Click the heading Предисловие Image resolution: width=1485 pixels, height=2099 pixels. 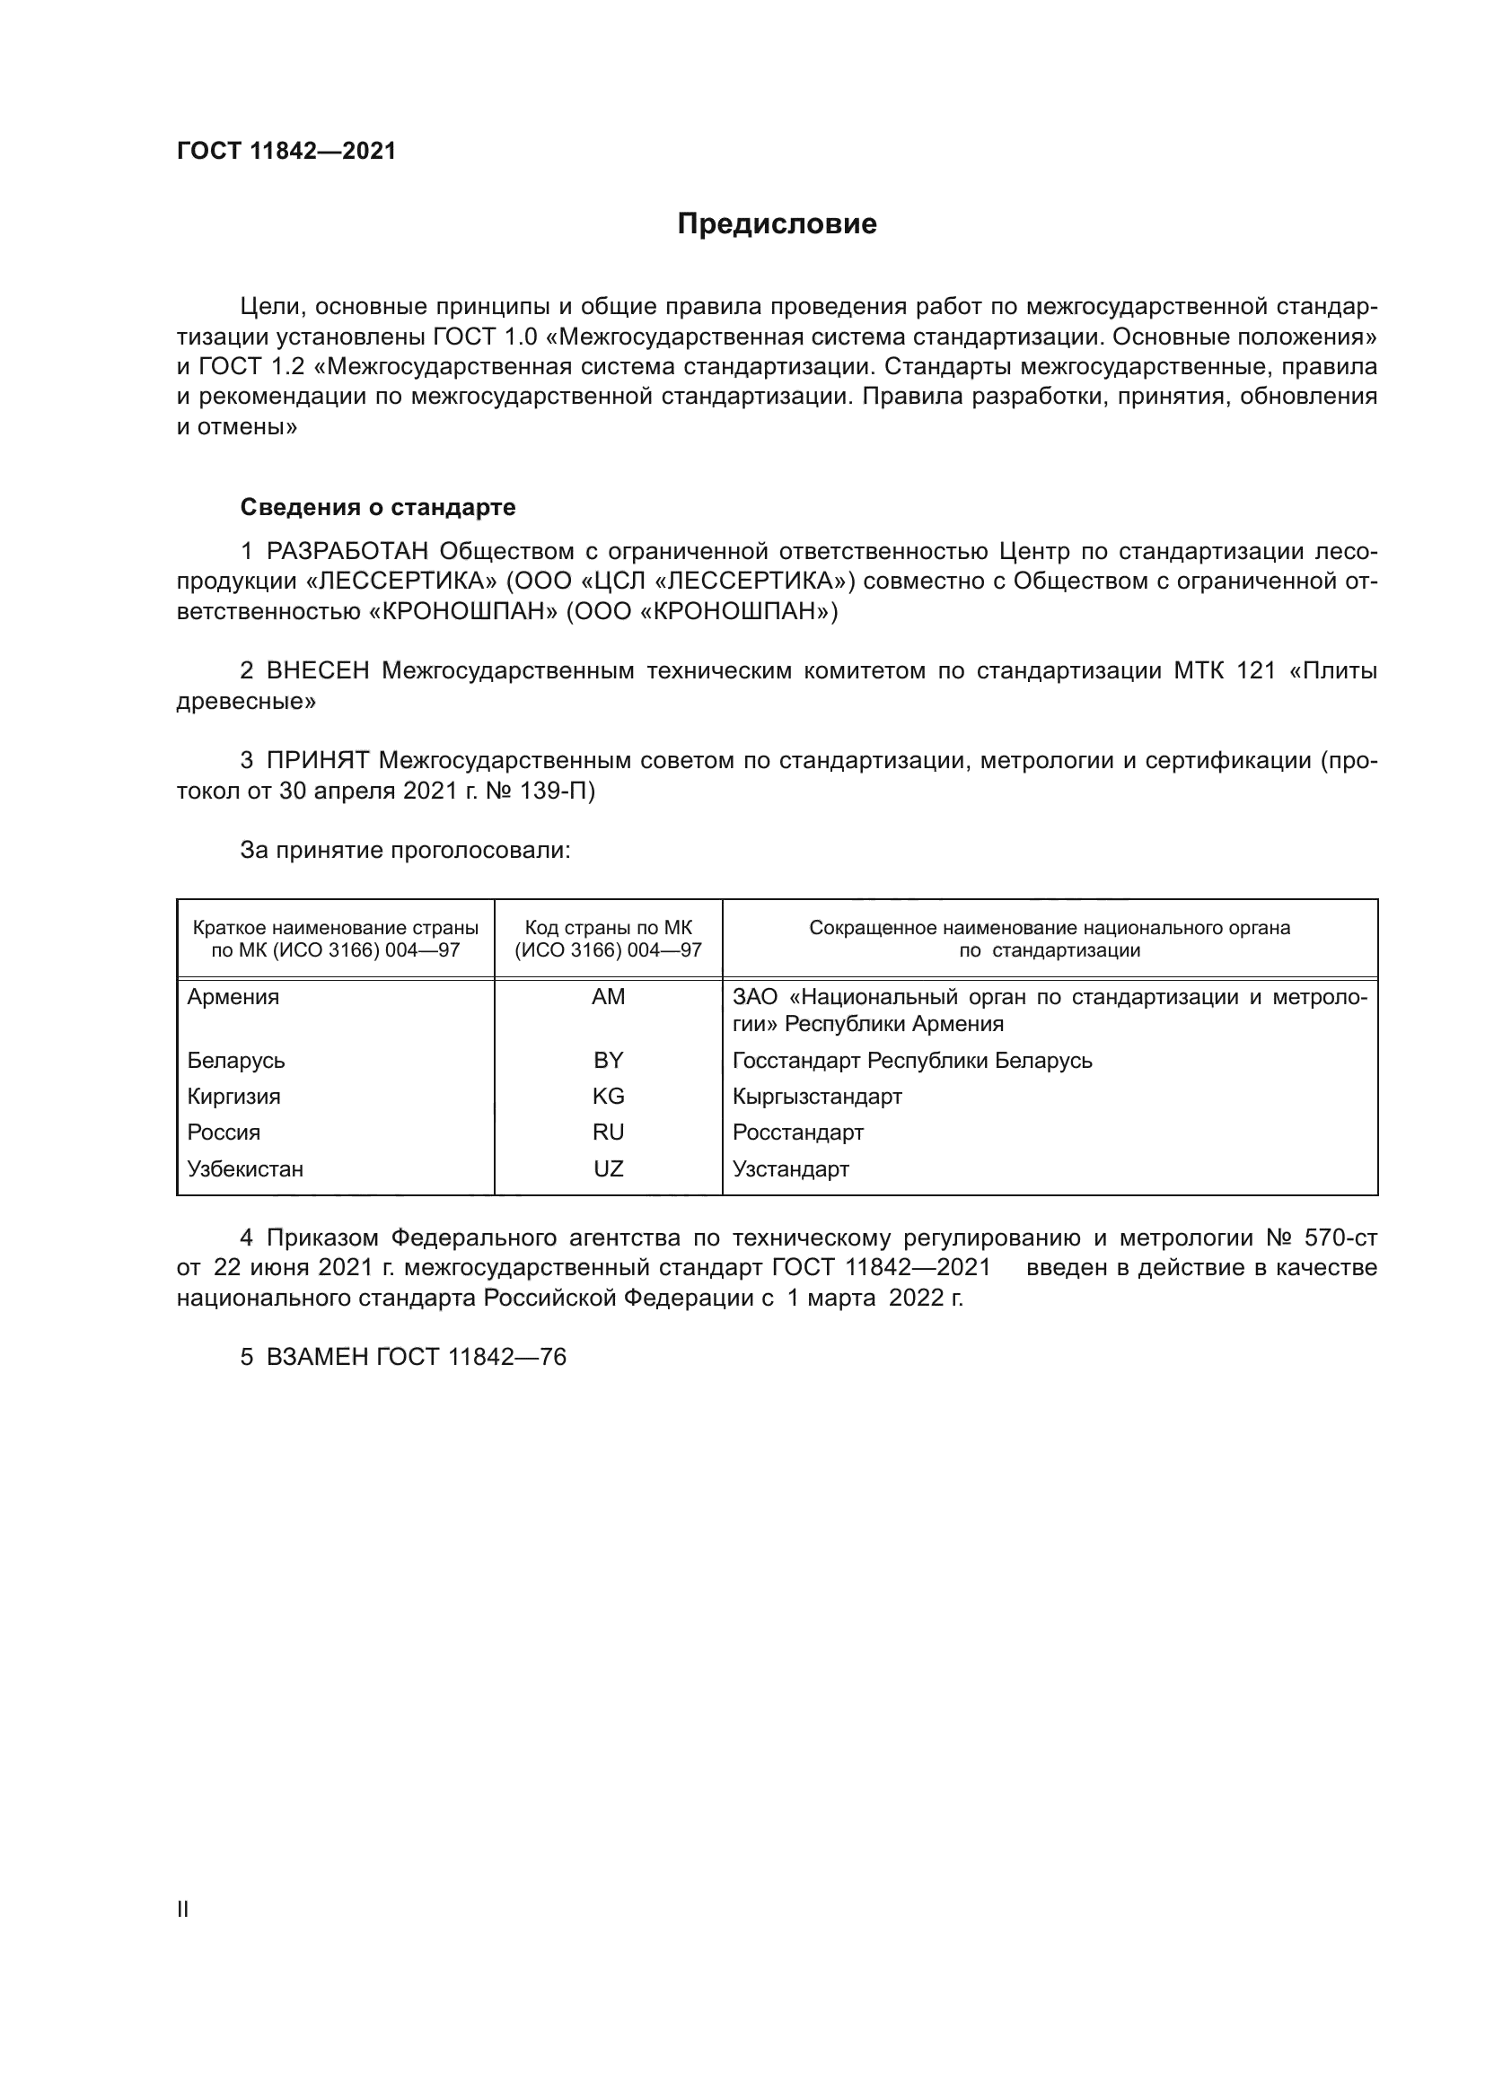click(x=777, y=224)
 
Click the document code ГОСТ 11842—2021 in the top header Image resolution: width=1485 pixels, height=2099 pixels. click(x=286, y=152)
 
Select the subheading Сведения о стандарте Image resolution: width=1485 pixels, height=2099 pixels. click(x=378, y=506)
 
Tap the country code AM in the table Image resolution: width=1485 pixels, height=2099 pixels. click(x=608, y=996)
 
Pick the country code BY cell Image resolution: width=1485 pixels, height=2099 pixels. click(x=608, y=1060)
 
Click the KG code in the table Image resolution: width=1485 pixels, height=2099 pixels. click(x=608, y=1096)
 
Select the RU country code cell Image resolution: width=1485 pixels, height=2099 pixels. click(x=608, y=1132)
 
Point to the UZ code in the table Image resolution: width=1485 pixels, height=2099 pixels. click(x=608, y=1168)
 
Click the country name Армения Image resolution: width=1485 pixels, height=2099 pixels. click(x=233, y=996)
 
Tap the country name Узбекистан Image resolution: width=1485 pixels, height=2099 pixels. click(x=245, y=1168)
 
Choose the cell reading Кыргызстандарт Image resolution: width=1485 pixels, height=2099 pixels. click(x=816, y=1096)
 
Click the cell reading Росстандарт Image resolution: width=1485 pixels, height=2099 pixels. click(x=797, y=1132)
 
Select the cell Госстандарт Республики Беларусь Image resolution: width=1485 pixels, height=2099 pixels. click(x=911, y=1061)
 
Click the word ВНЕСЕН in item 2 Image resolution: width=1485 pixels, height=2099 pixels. click(x=317, y=671)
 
